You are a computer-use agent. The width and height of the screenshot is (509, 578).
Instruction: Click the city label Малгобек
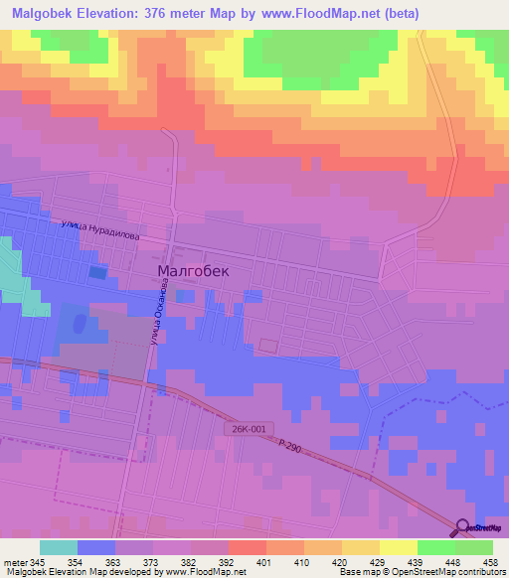coord(194,270)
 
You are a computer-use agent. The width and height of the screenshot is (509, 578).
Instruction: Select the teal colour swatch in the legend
coord(59,547)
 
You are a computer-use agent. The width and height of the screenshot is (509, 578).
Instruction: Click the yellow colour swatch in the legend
coord(398,547)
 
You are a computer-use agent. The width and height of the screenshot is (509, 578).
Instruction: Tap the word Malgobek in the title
coord(47,13)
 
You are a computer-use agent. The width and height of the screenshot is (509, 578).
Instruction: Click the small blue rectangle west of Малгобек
coord(97,271)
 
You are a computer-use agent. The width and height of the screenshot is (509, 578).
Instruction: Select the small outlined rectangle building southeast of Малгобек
coord(268,345)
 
